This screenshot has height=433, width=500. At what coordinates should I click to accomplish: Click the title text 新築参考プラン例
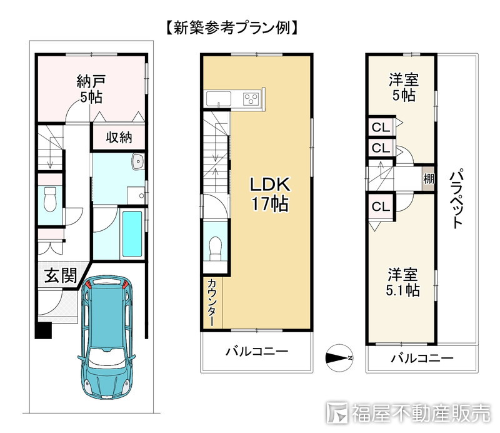click(230, 28)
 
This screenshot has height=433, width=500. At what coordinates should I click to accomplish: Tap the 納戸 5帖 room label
click(91, 88)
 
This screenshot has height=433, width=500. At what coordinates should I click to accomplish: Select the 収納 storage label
click(117, 138)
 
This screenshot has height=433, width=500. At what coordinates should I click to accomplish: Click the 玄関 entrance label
click(61, 275)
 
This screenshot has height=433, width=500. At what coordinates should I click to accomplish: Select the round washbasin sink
click(137, 163)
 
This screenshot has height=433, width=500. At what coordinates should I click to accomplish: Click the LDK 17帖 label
click(270, 194)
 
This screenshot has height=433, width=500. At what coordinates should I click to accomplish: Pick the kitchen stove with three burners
click(251, 99)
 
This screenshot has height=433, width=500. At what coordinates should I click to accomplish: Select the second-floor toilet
click(215, 248)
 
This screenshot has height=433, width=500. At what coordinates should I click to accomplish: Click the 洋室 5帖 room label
click(403, 88)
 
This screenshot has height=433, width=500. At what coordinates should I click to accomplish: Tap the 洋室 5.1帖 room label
click(403, 283)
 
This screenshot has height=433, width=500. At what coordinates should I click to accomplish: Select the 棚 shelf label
click(428, 178)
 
